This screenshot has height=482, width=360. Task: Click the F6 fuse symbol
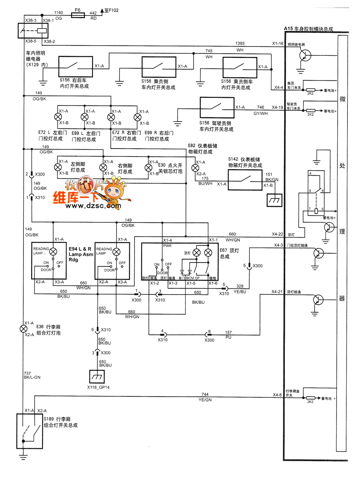(x=78, y=15)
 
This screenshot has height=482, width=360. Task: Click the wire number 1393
(x=240, y=44)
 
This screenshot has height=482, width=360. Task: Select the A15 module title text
(x=309, y=29)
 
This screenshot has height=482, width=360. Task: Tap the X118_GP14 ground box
(x=96, y=377)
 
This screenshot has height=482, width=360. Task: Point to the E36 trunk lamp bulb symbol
(x=23, y=329)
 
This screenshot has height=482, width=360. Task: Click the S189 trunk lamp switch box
(x=30, y=431)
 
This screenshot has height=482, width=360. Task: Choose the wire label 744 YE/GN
(x=205, y=397)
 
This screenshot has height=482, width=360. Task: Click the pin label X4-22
(x=277, y=234)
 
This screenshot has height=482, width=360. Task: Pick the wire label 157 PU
(x=228, y=335)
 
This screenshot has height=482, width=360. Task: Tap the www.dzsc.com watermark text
(x=93, y=206)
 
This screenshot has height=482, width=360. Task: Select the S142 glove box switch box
(x=245, y=180)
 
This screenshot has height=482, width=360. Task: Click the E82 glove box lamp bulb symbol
(x=195, y=168)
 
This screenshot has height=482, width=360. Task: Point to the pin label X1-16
(x=278, y=44)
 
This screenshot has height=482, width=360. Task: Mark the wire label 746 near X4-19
(x=261, y=108)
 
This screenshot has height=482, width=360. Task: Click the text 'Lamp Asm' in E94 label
(x=81, y=254)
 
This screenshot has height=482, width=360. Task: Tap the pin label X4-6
(x=277, y=395)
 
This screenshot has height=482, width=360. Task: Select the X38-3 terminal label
(x=31, y=21)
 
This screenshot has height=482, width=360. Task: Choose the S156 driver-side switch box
(x=217, y=107)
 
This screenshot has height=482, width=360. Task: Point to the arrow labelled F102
(x=102, y=11)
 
